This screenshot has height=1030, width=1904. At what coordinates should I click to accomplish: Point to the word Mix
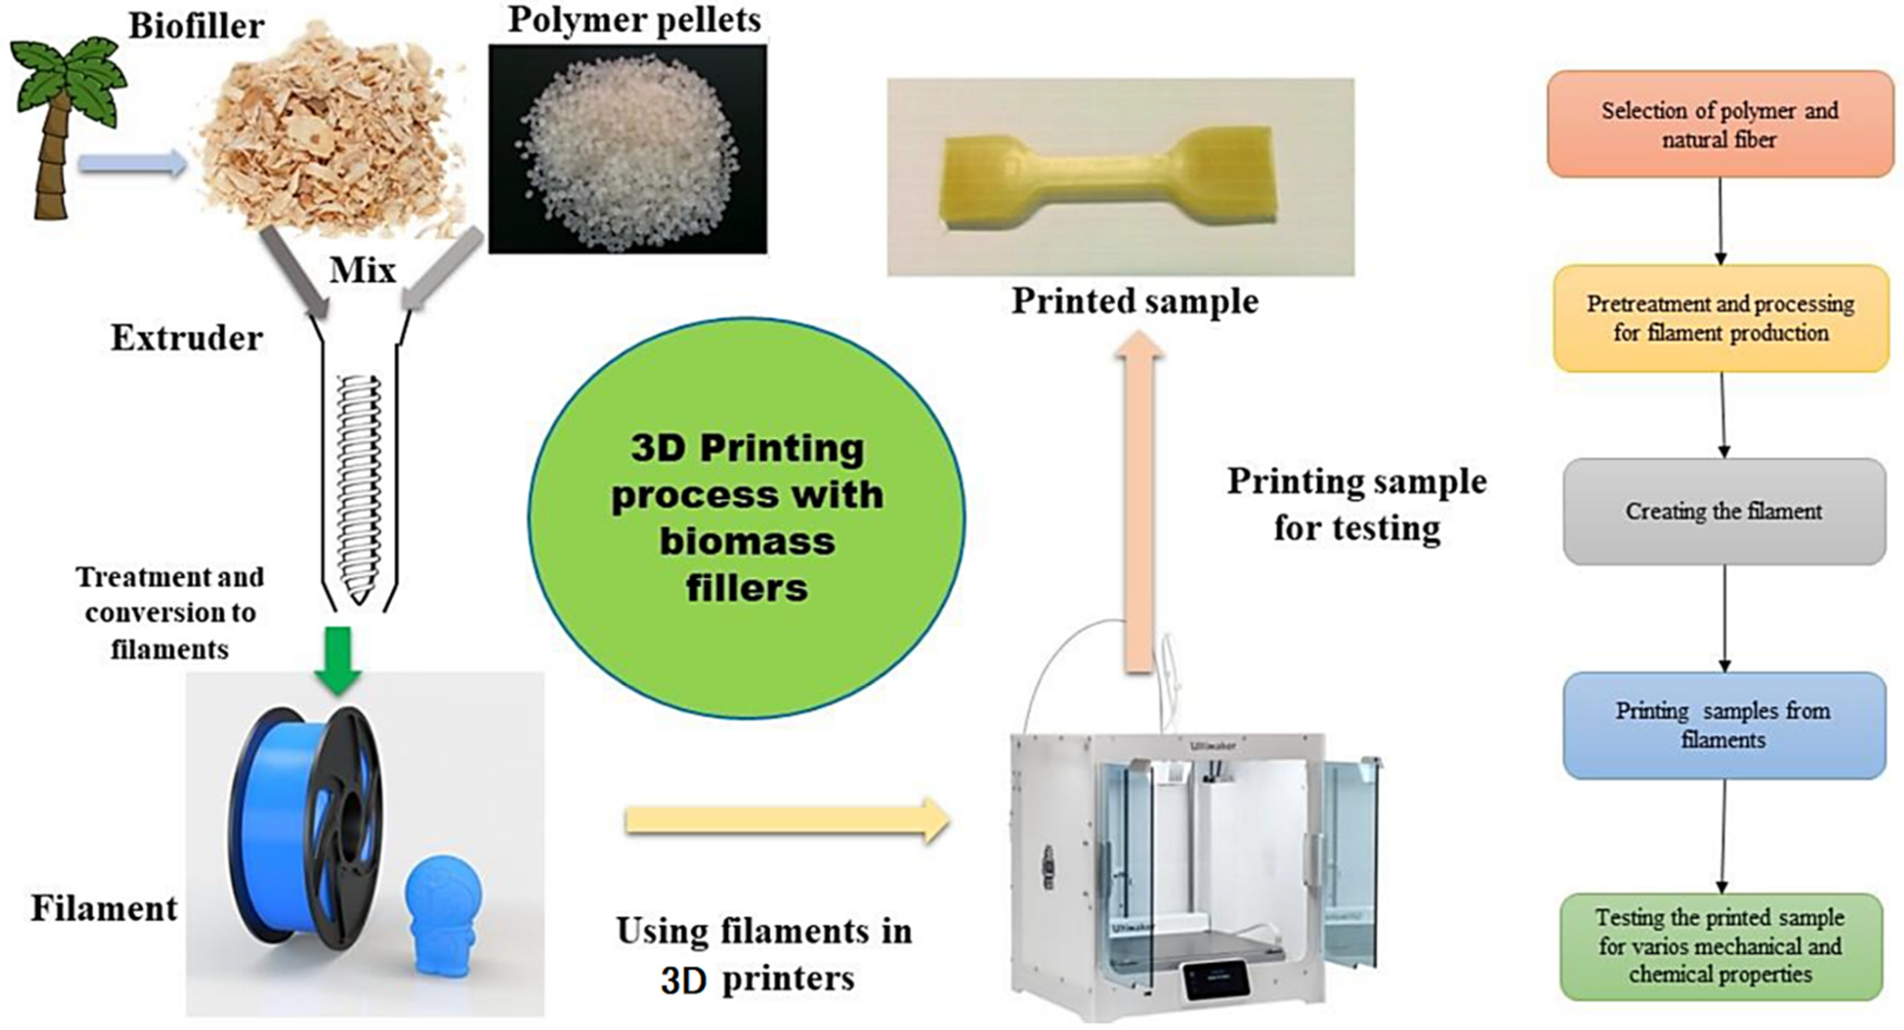coord(362,271)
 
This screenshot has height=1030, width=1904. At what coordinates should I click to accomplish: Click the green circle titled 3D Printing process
coord(747,517)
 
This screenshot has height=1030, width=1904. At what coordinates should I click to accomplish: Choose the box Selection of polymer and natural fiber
coord(1720,124)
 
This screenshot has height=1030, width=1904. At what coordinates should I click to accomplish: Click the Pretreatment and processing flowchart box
coord(1720,318)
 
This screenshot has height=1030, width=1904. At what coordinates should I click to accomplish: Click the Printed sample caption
coord(1135,301)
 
